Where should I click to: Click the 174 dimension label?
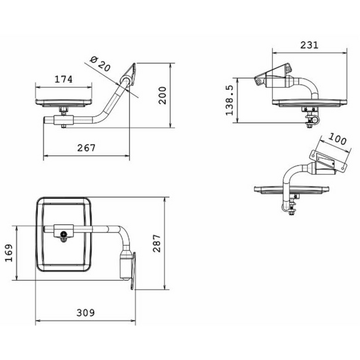(x=64, y=79)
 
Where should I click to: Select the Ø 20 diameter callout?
(x=100, y=64)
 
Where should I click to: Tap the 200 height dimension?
(x=163, y=95)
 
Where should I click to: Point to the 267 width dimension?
(x=86, y=148)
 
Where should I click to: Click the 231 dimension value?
(x=309, y=45)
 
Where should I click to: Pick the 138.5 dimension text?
(x=229, y=100)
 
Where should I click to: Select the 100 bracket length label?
(x=337, y=139)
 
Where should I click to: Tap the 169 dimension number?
(x=9, y=253)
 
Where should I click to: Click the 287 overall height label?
(x=157, y=244)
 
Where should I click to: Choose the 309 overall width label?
(x=85, y=313)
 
